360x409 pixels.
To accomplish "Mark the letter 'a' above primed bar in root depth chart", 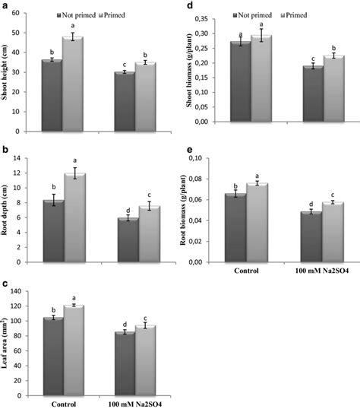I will (74, 160).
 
